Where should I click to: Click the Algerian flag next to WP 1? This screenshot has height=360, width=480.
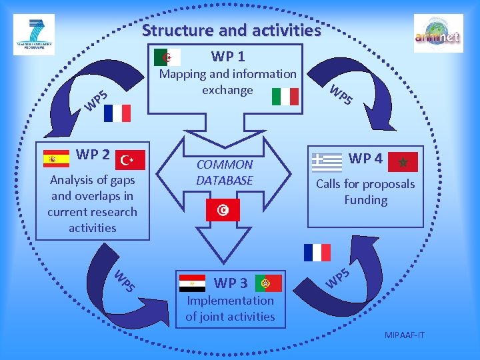coord(167,57)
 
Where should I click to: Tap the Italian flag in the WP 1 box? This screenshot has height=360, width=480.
coord(285,97)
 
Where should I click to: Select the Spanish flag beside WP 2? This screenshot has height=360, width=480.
coord(56,158)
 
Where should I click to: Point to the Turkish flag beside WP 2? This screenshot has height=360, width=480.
coord(130,159)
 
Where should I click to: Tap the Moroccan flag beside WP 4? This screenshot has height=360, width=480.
coord(403,161)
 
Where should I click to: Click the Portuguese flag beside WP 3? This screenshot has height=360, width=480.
coord(268,283)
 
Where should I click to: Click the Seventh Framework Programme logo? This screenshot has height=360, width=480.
coord(33,33)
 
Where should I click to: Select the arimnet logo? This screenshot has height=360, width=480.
coord(438,33)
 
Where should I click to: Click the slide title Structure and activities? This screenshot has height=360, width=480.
coord(231,30)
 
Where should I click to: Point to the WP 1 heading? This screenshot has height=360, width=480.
coord(228,55)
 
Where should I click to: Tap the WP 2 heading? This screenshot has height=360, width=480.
coord(93,155)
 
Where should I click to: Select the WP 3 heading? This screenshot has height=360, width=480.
coord(231,283)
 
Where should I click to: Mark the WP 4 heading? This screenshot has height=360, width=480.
coord(365,158)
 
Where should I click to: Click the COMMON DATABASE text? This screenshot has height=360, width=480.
coord(225,172)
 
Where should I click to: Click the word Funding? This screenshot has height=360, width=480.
coord(365,200)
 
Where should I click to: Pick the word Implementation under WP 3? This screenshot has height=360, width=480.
coord(230,301)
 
